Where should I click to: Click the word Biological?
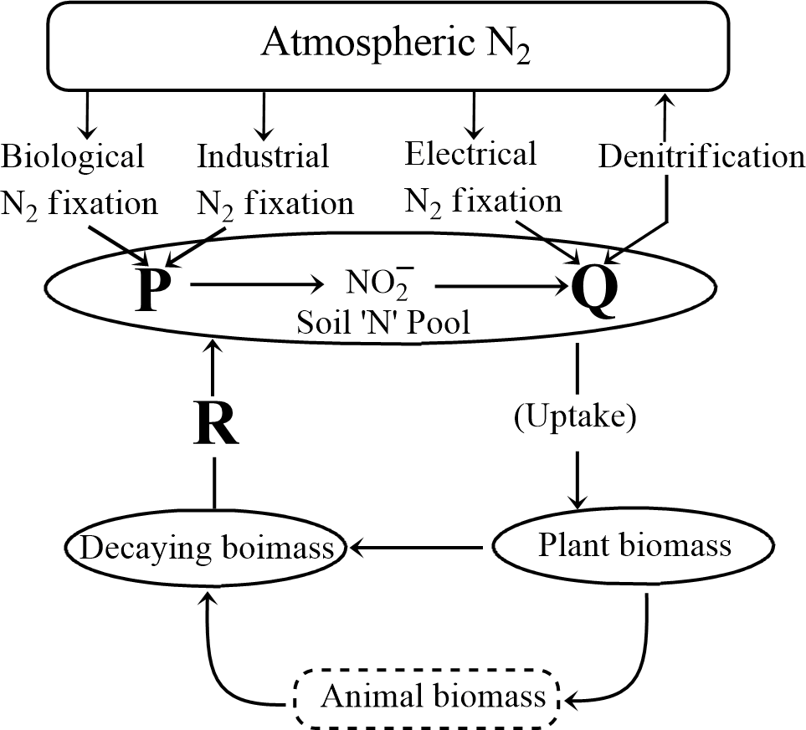pos(74,156)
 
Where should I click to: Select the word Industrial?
pos(263,156)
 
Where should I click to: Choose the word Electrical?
pos(470,154)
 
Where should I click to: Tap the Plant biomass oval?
pos(634,547)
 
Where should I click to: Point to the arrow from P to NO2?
pos(257,285)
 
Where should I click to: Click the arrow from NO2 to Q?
pos(498,285)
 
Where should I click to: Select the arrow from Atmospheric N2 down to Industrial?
pos(264,116)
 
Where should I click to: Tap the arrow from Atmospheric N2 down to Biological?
pos(83,116)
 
